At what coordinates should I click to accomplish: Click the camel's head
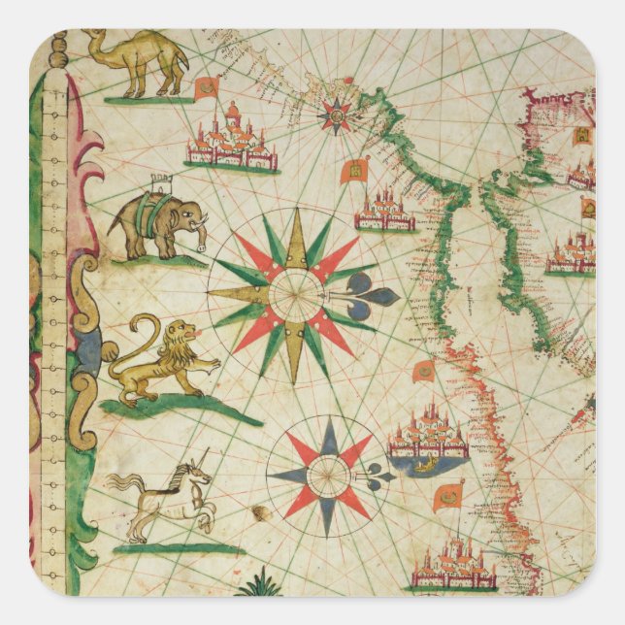point(93,40)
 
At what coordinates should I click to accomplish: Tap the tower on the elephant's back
point(160,183)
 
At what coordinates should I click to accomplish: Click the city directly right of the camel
point(231,138)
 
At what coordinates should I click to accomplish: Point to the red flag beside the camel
point(207,89)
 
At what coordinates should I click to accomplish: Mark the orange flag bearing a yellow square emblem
point(354,172)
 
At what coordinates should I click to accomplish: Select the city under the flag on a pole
point(452,567)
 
